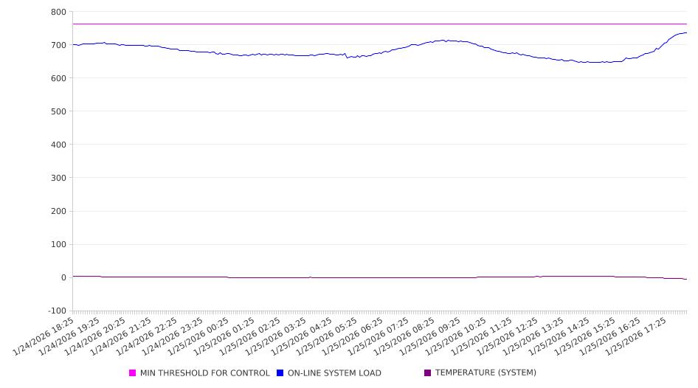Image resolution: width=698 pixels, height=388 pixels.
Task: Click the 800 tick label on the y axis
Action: click(x=58, y=12)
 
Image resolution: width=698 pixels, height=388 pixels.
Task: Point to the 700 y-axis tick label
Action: click(x=58, y=45)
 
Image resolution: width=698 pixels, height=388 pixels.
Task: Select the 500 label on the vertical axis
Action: click(x=58, y=111)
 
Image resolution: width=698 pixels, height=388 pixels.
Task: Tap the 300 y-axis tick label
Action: click(x=58, y=178)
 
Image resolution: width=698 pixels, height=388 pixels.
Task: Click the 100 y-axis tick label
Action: click(x=58, y=244)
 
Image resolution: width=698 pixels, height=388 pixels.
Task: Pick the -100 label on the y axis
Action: click(x=56, y=311)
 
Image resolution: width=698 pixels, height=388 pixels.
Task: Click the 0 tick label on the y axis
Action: click(x=63, y=277)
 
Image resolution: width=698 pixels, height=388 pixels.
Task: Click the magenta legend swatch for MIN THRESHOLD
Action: click(x=133, y=373)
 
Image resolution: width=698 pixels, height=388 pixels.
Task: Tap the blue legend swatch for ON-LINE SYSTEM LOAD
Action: click(x=280, y=373)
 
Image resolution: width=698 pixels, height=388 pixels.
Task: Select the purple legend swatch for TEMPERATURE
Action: click(x=428, y=373)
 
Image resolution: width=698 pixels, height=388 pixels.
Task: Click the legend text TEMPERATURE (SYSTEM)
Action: click(x=486, y=373)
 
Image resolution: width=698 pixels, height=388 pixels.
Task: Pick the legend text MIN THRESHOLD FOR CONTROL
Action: click(x=205, y=373)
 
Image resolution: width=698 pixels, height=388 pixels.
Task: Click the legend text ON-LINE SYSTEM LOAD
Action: click(x=334, y=373)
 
